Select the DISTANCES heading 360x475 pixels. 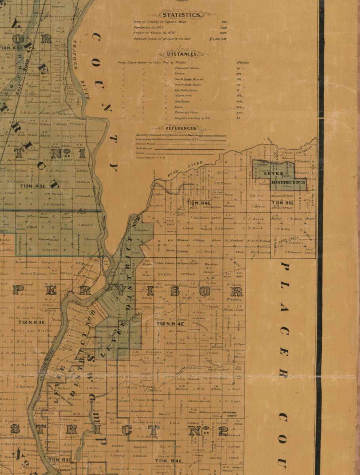point(182,54)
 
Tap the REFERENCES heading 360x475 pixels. point(181,128)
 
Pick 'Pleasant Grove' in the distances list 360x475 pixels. point(187,68)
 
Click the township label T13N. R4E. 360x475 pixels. point(198,203)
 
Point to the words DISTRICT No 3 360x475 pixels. point(289,182)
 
